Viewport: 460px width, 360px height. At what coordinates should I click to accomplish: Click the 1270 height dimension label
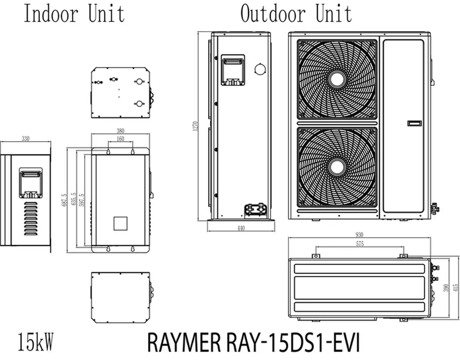pos(196,125)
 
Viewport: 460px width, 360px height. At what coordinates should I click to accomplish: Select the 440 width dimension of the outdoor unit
pos(241,228)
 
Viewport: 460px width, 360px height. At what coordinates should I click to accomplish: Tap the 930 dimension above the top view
pos(359,235)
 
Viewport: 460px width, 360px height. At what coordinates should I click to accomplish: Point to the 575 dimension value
pos(360,244)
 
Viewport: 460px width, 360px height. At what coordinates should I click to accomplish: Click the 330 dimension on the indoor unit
pos(26,138)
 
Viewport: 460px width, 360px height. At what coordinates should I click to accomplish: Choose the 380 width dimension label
pos(120,131)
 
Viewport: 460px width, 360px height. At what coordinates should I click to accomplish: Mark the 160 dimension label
pos(120,139)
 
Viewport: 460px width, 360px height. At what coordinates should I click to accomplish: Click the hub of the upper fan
pos(337,79)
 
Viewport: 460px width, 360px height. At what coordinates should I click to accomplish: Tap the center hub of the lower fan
pos(337,167)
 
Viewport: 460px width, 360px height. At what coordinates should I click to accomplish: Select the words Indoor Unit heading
pos(74,14)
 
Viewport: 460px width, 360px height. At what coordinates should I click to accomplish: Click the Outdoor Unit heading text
pos(296,14)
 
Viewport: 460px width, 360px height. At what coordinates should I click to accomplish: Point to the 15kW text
pos(35,342)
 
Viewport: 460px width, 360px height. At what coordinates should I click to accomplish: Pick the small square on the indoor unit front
pos(120,223)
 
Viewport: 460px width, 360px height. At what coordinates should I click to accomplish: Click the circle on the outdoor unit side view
pos(260,69)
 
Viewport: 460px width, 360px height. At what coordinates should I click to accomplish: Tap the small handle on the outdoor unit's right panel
pos(414,123)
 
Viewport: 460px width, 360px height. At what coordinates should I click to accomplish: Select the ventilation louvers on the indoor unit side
pos(31,218)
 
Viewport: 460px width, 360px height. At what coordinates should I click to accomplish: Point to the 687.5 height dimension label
pos(64,200)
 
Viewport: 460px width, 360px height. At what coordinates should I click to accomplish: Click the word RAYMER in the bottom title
pos(184,343)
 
